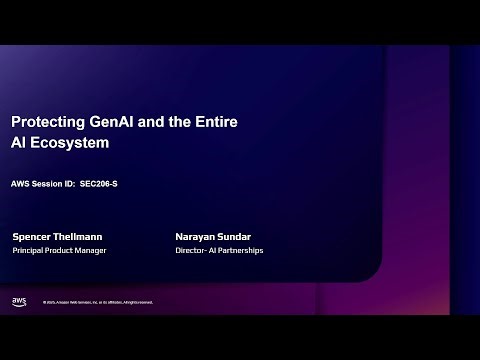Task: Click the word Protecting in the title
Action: click(44, 121)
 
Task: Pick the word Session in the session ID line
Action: click(46, 183)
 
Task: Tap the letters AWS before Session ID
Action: click(20, 183)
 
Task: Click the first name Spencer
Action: click(34, 237)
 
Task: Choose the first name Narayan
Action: click(196, 237)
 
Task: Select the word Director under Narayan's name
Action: click(189, 250)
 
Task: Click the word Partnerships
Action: click(240, 250)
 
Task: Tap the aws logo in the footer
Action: click(19, 301)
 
